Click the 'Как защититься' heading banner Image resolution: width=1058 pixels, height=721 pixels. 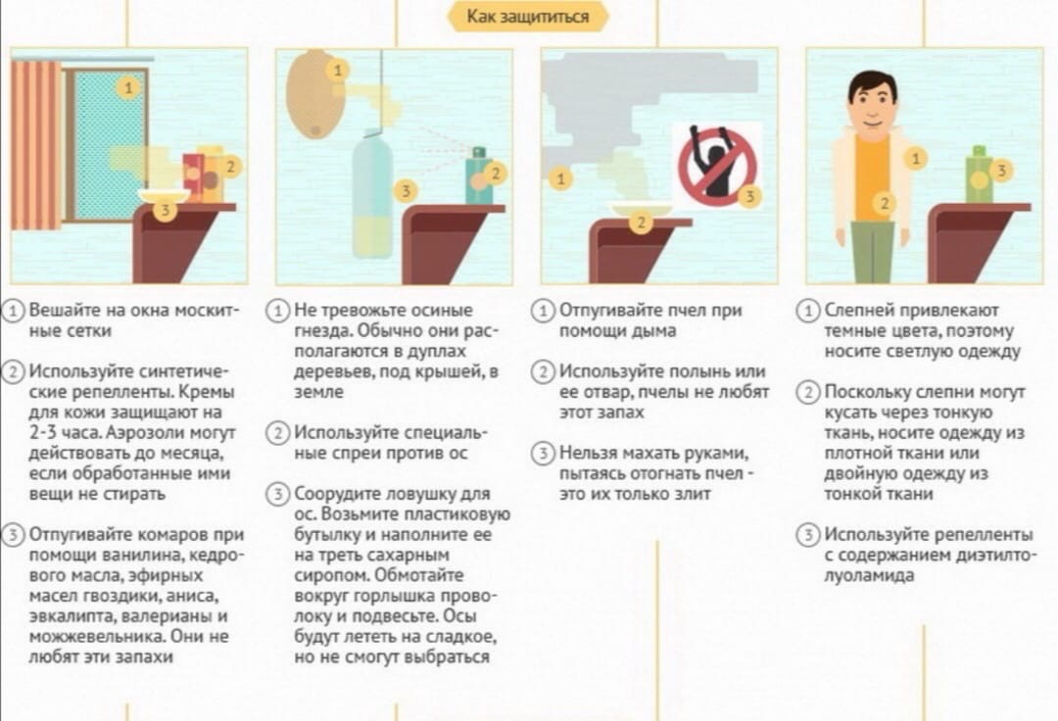[x=528, y=16]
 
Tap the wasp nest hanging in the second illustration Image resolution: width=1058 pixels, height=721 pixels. [x=315, y=94]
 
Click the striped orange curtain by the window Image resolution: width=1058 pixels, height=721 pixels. [x=36, y=145]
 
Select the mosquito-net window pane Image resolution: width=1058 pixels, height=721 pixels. [x=110, y=145]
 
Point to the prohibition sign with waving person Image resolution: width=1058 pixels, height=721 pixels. [x=717, y=166]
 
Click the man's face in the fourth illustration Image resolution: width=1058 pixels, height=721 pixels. [x=873, y=106]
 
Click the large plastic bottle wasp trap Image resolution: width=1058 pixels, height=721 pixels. [x=372, y=195]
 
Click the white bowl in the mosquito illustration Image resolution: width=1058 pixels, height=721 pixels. [x=164, y=196]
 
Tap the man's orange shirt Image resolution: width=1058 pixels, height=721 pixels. [x=873, y=177]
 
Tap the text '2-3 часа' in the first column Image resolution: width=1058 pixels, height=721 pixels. [x=66, y=432]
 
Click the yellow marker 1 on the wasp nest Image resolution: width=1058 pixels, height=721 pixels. [x=338, y=70]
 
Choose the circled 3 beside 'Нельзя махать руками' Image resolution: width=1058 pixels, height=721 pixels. [x=543, y=453]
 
